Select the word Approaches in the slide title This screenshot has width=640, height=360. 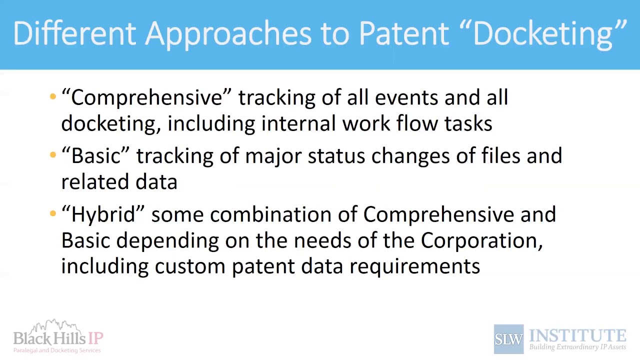click(228, 33)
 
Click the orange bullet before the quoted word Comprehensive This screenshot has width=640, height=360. click(53, 97)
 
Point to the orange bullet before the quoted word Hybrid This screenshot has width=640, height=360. click(53, 214)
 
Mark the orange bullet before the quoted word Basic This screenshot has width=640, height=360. click(53, 155)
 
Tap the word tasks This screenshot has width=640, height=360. click(468, 123)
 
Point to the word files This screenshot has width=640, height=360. click(500, 156)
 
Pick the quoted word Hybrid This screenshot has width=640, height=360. click(103, 214)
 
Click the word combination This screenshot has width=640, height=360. click(270, 214)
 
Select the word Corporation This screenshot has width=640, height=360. click(481, 240)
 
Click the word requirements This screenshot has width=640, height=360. click(414, 266)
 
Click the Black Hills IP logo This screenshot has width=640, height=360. click(58, 336)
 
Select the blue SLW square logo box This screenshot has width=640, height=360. click(508, 339)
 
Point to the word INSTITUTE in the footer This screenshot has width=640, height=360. click(577, 335)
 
